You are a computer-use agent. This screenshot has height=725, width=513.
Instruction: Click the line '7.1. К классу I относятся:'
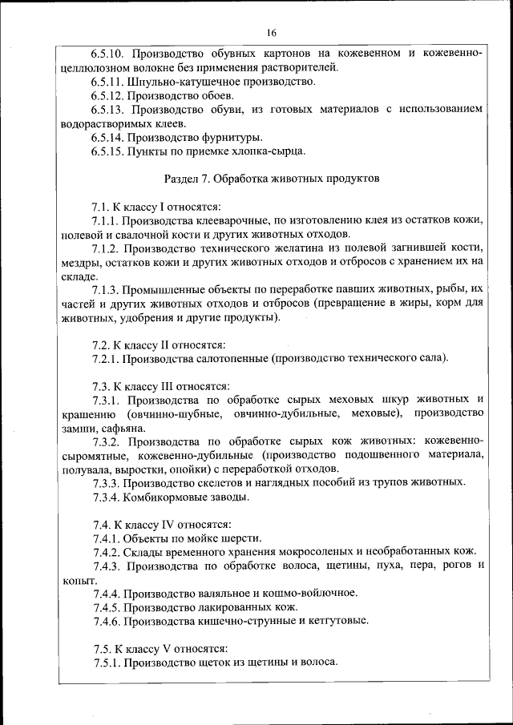pyautogui.click(x=156, y=206)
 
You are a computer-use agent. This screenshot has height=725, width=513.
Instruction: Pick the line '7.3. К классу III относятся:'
pyautogui.click(x=161, y=385)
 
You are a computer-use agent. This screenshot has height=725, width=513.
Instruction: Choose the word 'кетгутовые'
pyautogui.click(x=336, y=620)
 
